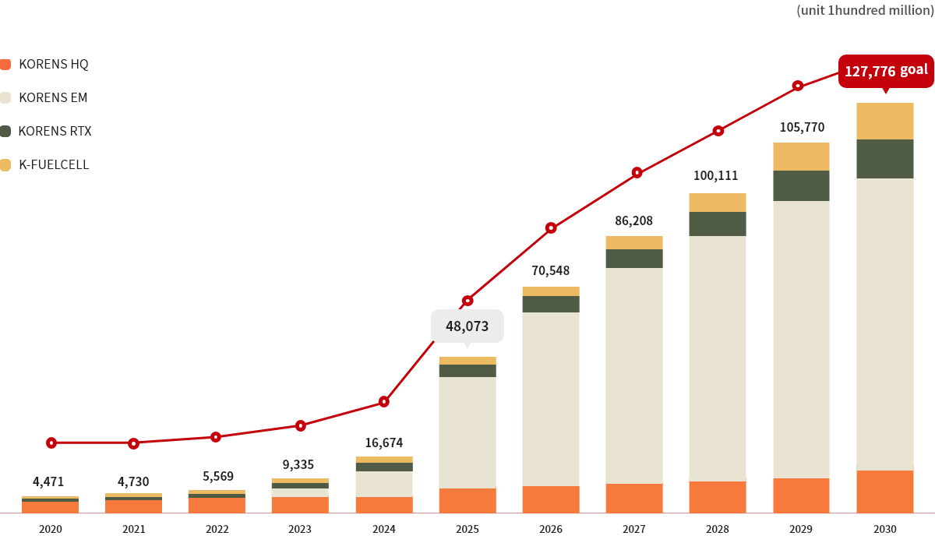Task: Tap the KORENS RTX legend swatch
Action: [5, 131]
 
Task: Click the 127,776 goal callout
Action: [886, 71]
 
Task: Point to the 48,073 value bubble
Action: [467, 326]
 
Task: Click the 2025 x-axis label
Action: [467, 529]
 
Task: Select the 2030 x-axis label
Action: [884, 529]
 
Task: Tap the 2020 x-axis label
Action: [51, 529]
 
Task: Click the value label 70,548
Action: [550, 271]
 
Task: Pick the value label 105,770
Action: [801, 127]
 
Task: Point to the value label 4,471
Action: [48, 481]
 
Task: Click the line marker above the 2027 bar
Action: [637, 173]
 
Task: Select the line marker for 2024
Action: [384, 402]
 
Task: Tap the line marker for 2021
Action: [134, 443]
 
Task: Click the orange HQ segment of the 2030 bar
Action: [884, 491]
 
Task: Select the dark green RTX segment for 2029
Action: [801, 185]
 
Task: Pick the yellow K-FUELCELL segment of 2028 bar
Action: [718, 203]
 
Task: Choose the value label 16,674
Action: [384, 443]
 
